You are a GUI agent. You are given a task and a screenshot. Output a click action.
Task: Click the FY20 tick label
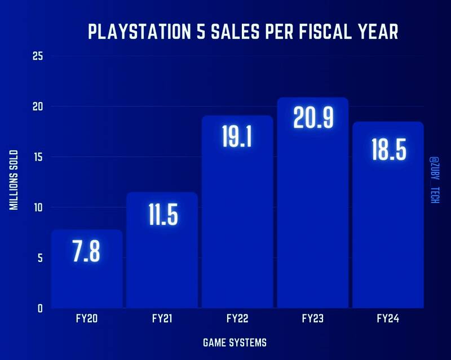[87, 319]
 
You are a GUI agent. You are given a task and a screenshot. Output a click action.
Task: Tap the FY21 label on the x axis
[162, 319]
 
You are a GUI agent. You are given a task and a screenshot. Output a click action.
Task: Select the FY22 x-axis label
[237, 319]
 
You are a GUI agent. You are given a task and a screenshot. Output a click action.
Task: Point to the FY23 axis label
[313, 319]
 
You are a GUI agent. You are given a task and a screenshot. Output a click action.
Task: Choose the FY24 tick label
[388, 319]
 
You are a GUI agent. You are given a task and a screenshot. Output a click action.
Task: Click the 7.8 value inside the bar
[87, 251]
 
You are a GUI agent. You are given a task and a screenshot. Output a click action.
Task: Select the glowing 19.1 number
[237, 137]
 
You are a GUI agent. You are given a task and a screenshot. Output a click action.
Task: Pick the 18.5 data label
[388, 149]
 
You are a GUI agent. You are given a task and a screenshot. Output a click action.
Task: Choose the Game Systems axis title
[235, 342]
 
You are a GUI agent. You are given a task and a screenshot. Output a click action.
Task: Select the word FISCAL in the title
[320, 32]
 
